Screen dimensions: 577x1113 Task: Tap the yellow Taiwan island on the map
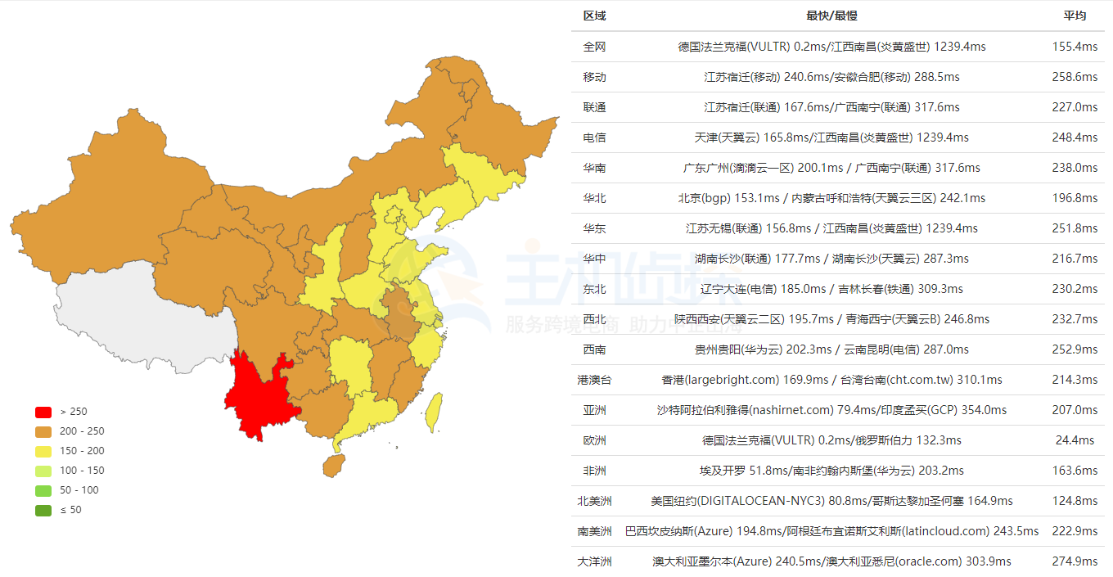click(x=435, y=412)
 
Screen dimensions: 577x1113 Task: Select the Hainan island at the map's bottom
click(x=332, y=466)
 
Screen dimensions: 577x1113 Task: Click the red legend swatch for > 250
click(x=43, y=412)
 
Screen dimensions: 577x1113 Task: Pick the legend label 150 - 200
click(x=83, y=451)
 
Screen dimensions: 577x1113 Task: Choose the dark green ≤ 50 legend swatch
click(x=43, y=510)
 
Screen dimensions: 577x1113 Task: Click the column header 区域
click(x=595, y=16)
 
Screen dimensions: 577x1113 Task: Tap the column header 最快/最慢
click(x=831, y=16)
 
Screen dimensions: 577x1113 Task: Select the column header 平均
click(x=1075, y=16)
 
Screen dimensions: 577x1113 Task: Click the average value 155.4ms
click(x=1075, y=47)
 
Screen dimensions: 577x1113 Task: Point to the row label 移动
click(x=595, y=77)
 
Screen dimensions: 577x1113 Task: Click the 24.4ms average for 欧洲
click(x=1075, y=440)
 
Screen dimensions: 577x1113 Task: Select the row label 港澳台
click(x=595, y=380)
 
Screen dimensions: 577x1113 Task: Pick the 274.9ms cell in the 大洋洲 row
click(x=1075, y=561)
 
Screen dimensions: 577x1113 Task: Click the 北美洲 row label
click(x=595, y=501)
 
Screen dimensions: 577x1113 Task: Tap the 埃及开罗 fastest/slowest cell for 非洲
click(x=831, y=471)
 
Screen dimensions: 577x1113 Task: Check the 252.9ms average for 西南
click(x=1075, y=349)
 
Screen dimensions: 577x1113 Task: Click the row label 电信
click(x=595, y=137)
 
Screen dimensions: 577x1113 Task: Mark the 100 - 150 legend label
click(x=83, y=471)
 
